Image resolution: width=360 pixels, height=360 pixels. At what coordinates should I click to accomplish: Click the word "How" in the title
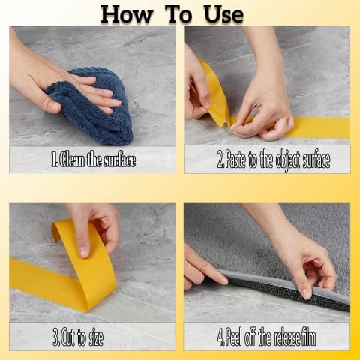coord(126,14)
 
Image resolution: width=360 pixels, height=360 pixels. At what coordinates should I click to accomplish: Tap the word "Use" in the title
coord(223,14)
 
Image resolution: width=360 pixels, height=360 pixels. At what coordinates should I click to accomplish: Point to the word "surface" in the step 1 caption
coord(120,160)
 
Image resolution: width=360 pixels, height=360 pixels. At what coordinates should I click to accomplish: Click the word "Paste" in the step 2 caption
coord(235,159)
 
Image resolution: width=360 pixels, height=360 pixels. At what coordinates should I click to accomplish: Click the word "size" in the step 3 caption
coord(96,337)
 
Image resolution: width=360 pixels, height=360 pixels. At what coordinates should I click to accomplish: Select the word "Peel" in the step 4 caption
coord(234,337)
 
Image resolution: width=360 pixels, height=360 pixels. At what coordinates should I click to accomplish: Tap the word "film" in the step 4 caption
coord(309,337)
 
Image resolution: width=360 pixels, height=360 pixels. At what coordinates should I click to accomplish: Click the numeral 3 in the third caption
coord(55,337)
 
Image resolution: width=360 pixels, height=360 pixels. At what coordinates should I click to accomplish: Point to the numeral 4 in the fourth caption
coord(220,337)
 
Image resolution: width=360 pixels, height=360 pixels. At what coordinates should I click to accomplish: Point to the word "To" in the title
coord(178,14)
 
